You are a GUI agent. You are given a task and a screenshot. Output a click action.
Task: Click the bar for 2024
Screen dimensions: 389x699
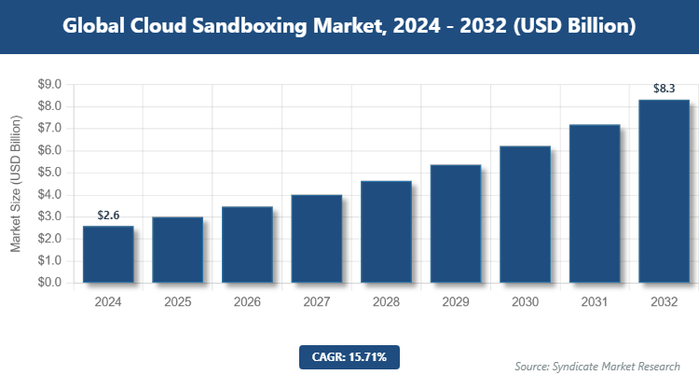click(x=108, y=254)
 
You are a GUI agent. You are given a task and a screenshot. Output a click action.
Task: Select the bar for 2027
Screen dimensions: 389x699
click(x=317, y=238)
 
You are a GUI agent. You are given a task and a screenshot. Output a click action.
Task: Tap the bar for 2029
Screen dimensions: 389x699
click(x=456, y=223)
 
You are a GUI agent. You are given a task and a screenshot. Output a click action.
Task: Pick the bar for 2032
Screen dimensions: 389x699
click(x=665, y=190)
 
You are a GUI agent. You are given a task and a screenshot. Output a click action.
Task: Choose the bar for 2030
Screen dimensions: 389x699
click(x=526, y=214)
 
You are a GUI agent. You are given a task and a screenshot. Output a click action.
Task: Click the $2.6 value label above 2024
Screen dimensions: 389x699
click(x=108, y=215)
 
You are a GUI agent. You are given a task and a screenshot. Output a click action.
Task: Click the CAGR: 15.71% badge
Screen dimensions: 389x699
click(x=349, y=356)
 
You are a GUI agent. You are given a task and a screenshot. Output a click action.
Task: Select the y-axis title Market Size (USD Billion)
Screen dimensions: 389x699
click(x=16, y=184)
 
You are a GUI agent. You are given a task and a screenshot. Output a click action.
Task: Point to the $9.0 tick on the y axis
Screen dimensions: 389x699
click(x=48, y=85)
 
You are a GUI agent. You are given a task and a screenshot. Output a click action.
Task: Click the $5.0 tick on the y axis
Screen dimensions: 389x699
click(x=48, y=173)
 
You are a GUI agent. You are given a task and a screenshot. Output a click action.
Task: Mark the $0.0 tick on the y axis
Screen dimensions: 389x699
click(x=48, y=283)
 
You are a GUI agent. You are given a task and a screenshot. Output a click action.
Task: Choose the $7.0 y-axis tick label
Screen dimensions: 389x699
click(x=48, y=129)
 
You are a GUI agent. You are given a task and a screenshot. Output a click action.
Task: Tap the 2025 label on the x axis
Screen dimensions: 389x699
click(x=178, y=302)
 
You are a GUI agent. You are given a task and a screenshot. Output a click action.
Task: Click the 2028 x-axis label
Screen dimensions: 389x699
click(x=387, y=302)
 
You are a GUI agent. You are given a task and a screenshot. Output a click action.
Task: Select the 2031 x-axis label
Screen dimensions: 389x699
click(x=596, y=302)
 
